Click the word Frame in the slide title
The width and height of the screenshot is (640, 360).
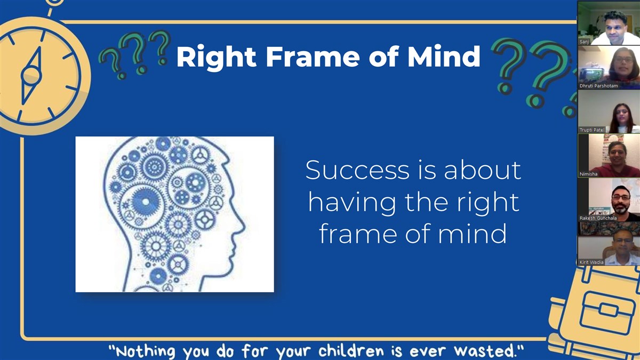(313, 57)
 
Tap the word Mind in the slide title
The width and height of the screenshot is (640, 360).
(444, 56)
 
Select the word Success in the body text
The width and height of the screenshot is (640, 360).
(358, 170)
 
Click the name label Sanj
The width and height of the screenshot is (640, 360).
(584, 42)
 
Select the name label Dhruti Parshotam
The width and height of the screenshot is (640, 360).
(598, 86)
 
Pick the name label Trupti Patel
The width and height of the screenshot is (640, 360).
(591, 130)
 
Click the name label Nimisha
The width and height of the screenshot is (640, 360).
(588, 174)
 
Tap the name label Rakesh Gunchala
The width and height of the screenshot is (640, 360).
(598, 218)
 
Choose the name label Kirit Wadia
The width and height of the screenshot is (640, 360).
(591, 262)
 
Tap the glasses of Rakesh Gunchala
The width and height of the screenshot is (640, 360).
(621, 197)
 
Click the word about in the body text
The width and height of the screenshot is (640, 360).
(483, 170)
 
